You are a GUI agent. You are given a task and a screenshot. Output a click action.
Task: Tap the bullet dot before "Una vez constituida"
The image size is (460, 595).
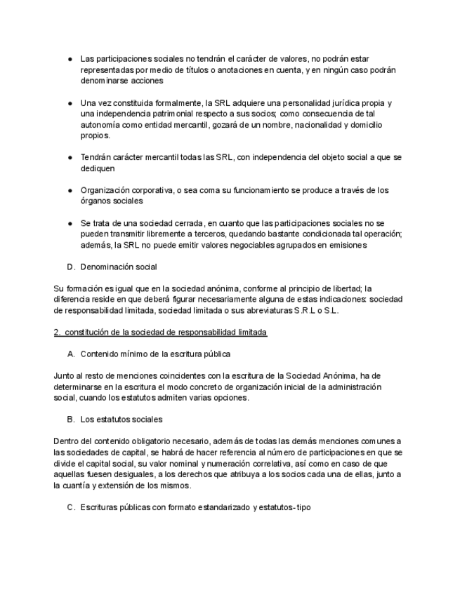pos(71,102)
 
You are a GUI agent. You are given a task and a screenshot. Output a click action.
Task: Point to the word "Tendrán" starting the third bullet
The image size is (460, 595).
pos(96,157)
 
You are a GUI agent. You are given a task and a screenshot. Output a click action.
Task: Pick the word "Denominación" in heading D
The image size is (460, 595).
pos(109,267)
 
